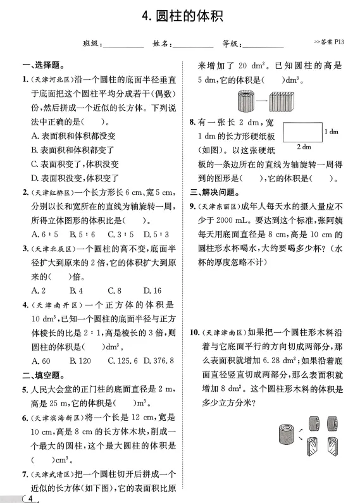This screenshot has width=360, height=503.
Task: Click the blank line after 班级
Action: [123, 44]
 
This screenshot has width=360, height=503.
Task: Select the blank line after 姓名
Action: [193, 44]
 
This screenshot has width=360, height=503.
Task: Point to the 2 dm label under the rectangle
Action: [303, 147]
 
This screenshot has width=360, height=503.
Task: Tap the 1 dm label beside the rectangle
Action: [330, 132]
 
